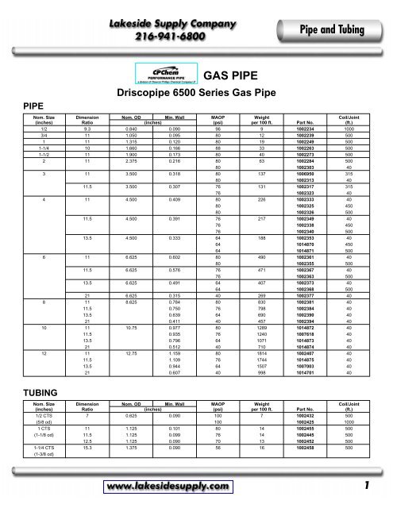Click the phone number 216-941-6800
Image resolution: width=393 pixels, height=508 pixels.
[151, 36]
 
